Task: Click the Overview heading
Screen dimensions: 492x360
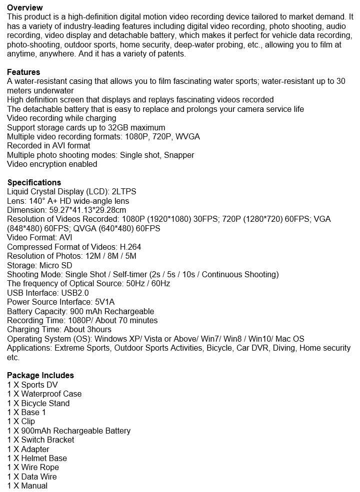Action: pos(25,7)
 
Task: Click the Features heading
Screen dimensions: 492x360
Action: pos(23,72)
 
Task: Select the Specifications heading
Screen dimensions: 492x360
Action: pos(34,182)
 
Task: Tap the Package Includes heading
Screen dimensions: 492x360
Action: pos(40,375)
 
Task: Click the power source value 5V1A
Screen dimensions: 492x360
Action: pos(104,302)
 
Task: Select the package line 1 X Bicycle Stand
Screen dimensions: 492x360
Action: pos(38,403)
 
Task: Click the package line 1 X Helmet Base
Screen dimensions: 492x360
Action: pos(37,458)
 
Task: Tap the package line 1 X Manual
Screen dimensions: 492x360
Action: pos(27,486)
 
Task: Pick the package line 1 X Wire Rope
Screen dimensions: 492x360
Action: pos(33,467)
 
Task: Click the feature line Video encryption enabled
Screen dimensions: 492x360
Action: pos(52,164)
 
